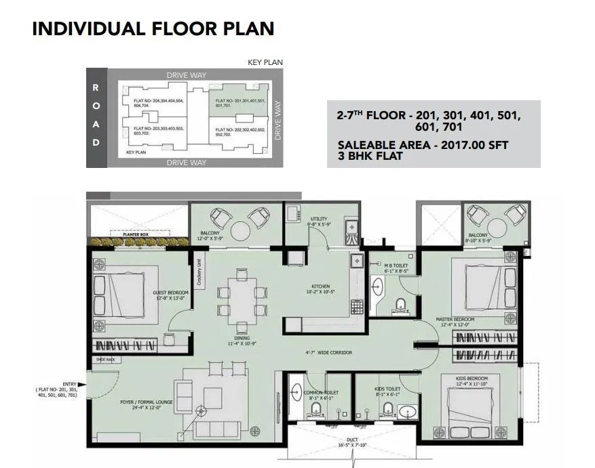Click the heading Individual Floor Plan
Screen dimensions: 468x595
(x=153, y=28)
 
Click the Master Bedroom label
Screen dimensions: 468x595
(x=455, y=320)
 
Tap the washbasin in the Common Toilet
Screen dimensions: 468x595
(x=296, y=391)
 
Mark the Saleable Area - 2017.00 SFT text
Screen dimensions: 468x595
(x=422, y=145)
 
